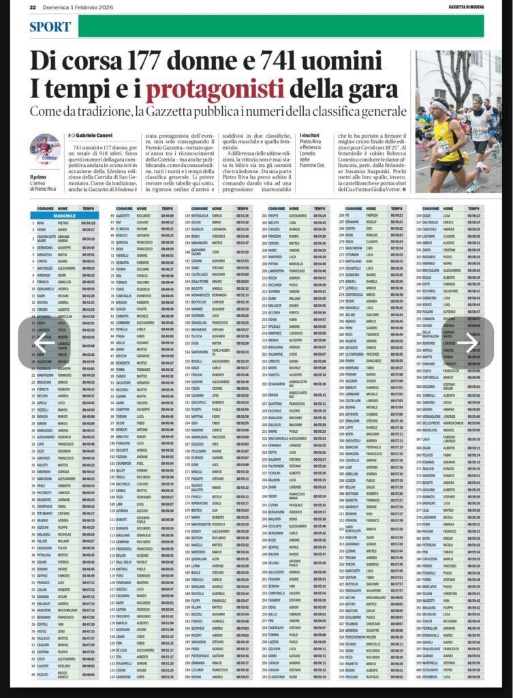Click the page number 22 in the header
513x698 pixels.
[32, 6]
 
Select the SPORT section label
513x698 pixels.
[50, 27]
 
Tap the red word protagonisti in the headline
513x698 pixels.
[215, 90]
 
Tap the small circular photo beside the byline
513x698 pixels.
[44, 148]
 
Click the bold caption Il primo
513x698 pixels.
[37, 177]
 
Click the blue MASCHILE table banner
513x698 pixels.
[64, 215]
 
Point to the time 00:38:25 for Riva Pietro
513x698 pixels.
[89, 223]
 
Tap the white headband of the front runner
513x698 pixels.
[438, 106]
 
